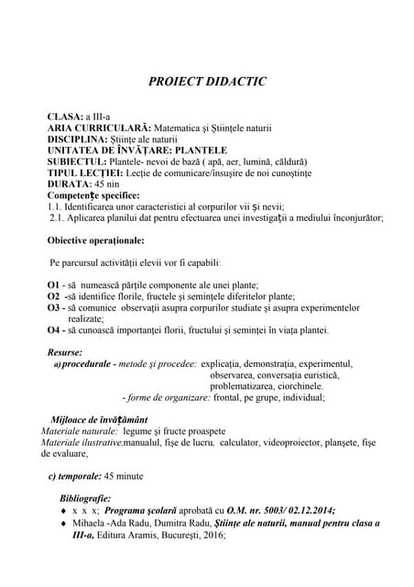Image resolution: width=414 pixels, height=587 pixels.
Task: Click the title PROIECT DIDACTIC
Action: [x=207, y=82]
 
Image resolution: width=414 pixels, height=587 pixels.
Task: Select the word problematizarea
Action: [x=243, y=386]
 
